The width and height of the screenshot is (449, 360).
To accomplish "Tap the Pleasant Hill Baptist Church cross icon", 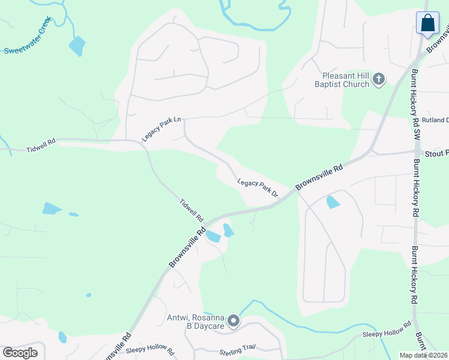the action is [x=379, y=79].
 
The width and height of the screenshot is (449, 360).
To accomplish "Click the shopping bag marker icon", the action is [x=427, y=23].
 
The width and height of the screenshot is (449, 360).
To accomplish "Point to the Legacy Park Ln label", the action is [x=161, y=129].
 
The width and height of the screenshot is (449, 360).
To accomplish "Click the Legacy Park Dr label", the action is [x=258, y=188].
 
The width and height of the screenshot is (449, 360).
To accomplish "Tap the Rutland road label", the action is [x=435, y=120].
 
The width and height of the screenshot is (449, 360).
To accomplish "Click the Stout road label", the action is [x=436, y=154].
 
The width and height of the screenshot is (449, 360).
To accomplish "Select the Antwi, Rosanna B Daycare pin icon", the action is [x=233, y=322].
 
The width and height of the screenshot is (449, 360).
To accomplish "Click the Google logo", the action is [x=20, y=353].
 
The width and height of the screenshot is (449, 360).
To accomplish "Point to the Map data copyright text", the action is [x=423, y=355].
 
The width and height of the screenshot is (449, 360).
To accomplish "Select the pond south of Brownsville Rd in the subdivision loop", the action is [x=333, y=202].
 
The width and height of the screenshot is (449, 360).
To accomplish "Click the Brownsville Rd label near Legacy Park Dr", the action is [x=319, y=178].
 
